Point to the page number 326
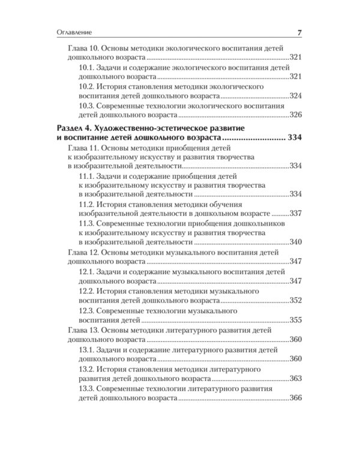295,114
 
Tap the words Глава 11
82,148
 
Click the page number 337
295,214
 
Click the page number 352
295,300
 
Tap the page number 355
295,320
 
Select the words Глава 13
82,330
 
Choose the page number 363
295,379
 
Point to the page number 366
295,398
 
